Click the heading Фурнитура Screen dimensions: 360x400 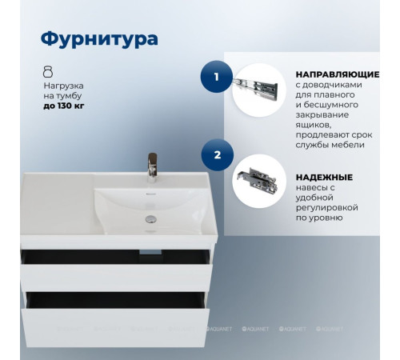click(98, 39)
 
